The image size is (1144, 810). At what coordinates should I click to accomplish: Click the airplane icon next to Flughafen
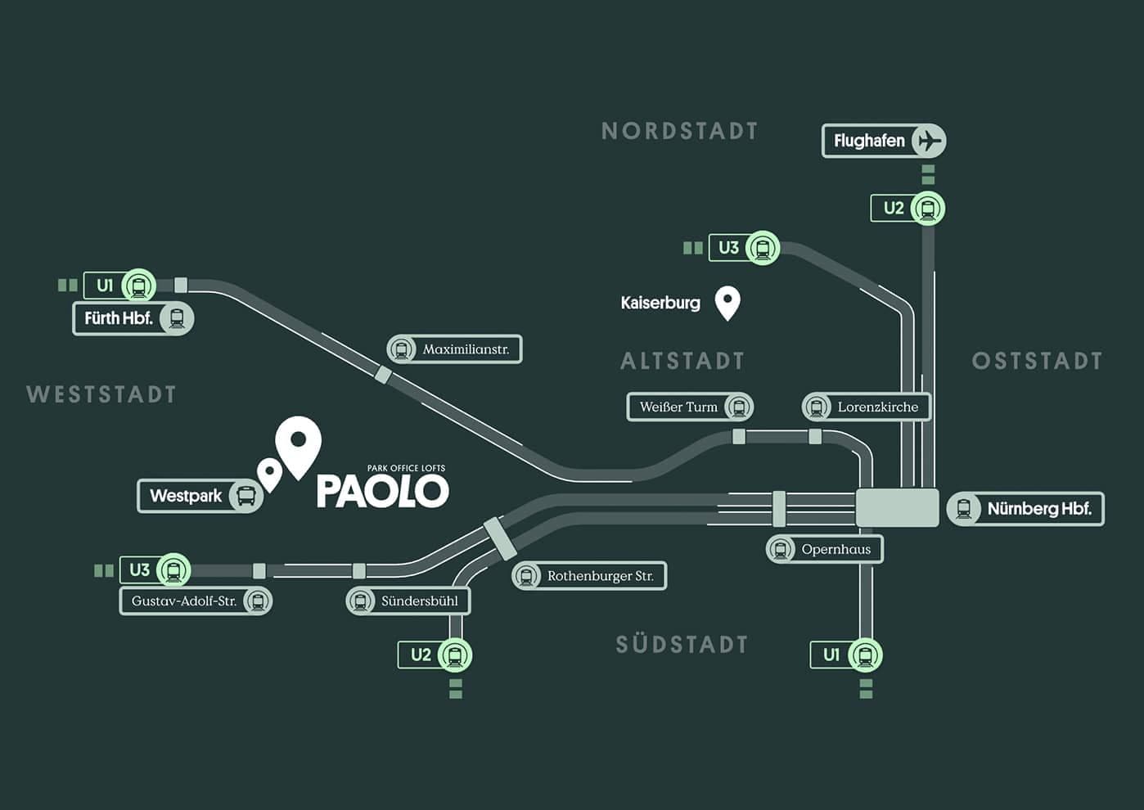[929, 141]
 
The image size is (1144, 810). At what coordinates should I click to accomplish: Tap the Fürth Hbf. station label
[133, 318]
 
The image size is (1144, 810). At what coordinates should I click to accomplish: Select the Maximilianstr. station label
[454, 349]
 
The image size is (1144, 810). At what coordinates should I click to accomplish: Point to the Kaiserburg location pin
[727, 303]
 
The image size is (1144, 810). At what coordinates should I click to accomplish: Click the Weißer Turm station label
[690, 407]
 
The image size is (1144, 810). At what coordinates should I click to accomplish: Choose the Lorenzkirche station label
[866, 407]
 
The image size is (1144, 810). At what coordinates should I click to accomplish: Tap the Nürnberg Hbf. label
[1025, 509]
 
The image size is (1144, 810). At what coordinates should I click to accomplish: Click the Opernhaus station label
[825, 550]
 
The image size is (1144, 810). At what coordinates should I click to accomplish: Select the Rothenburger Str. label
[589, 576]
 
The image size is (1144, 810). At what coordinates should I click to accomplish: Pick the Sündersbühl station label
[408, 601]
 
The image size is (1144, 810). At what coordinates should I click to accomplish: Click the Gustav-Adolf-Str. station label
[196, 601]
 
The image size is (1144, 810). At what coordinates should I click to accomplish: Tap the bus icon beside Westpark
[246, 495]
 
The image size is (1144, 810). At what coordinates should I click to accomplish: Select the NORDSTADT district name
[680, 131]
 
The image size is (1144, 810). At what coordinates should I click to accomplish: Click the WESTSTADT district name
[101, 394]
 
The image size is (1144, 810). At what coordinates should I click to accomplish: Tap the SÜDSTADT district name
[682, 644]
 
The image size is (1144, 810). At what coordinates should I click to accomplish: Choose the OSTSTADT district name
[1037, 361]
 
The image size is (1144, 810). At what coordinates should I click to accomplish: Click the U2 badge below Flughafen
[908, 208]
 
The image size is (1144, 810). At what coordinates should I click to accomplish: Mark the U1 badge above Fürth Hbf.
[119, 285]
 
